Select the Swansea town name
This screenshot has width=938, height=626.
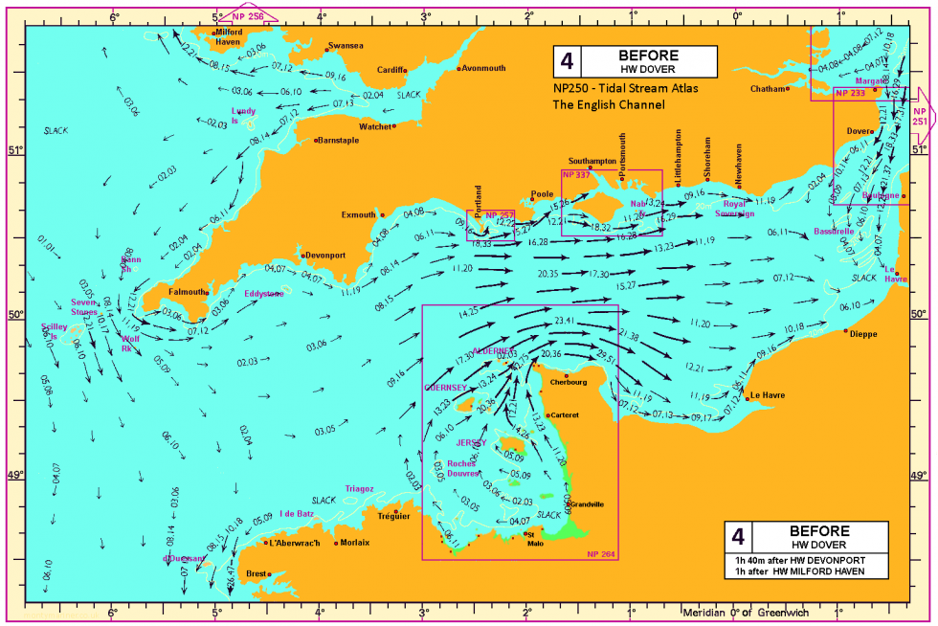tap(346, 46)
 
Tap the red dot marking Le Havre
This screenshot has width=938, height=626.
tap(747, 397)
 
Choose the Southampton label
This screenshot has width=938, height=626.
tap(592, 161)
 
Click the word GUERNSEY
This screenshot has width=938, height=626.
tap(445, 388)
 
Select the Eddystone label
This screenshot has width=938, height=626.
tap(263, 294)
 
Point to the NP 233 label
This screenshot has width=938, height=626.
tap(850, 94)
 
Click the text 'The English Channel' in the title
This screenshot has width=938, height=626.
tap(609, 104)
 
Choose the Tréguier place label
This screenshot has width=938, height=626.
tap(393, 516)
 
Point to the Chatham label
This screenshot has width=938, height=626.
tap(768, 89)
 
